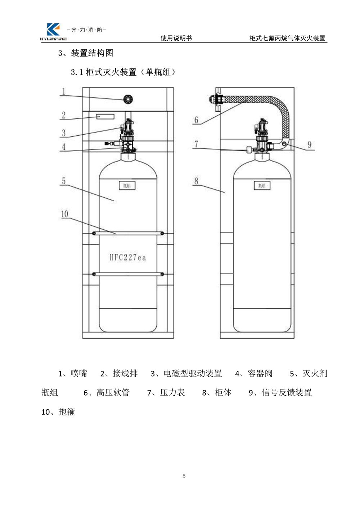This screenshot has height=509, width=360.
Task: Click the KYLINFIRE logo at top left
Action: (54, 32)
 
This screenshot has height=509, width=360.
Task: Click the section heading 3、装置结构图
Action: (86, 53)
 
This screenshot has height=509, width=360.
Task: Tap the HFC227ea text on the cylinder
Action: (128, 257)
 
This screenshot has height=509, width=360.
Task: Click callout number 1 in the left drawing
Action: (64, 92)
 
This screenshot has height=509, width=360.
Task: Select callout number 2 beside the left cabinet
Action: (64, 115)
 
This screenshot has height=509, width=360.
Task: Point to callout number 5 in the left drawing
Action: (64, 181)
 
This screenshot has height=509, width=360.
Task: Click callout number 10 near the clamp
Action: (64, 214)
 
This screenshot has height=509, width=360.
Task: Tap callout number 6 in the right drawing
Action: (196, 120)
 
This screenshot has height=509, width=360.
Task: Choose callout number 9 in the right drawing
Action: (309, 145)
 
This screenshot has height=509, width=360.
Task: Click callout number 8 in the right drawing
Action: (196, 181)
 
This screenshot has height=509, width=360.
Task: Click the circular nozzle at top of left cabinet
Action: (128, 99)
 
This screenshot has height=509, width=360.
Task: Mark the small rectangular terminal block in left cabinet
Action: (105, 117)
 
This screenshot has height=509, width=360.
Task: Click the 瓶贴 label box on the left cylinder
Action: (127, 186)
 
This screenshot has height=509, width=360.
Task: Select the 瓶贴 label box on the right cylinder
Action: (262, 186)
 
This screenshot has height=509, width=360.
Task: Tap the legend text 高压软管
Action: (113, 392)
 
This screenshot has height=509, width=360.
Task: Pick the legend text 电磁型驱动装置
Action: (193, 374)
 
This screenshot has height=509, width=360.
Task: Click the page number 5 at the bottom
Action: (184, 476)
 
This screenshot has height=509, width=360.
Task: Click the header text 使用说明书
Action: (176, 38)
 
